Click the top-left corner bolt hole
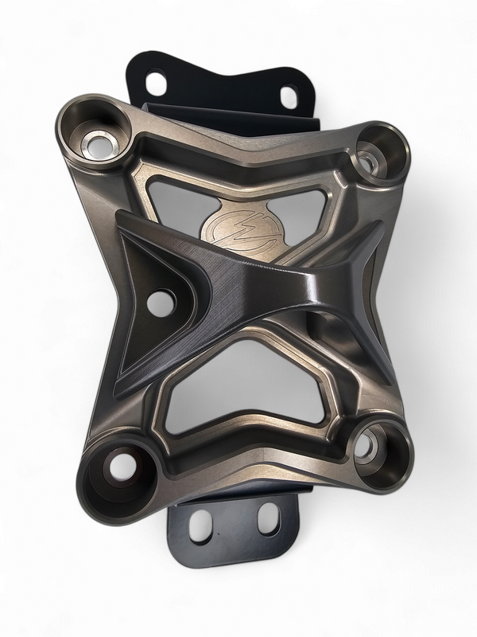click(x=99, y=144)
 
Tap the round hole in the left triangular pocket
click(x=161, y=301)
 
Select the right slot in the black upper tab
click(x=288, y=96)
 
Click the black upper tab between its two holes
click(x=223, y=84)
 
